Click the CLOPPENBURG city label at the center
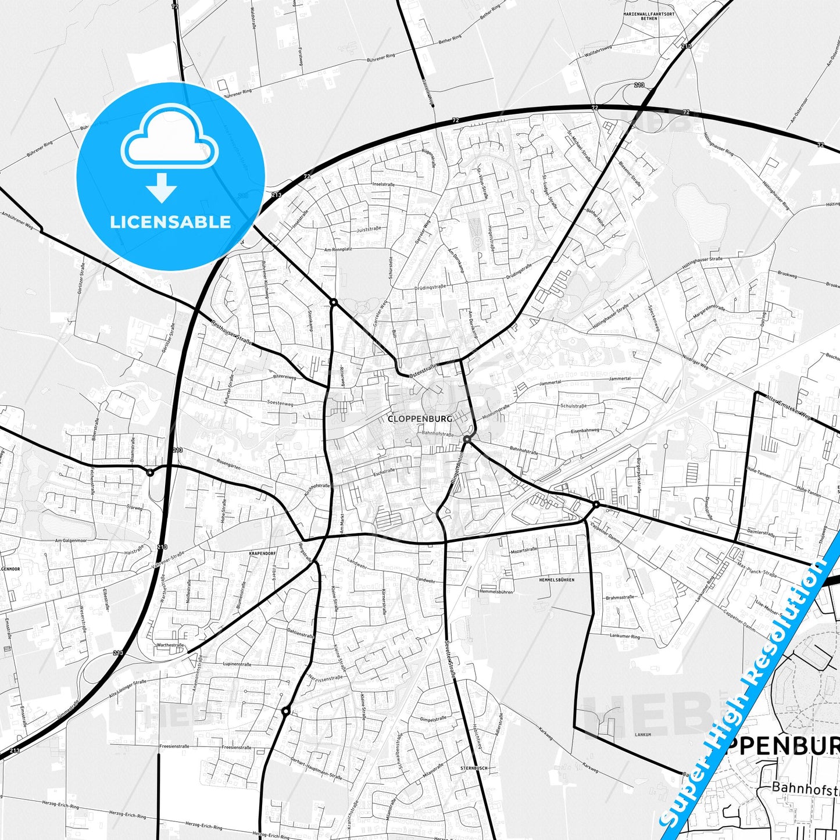[x=420, y=418]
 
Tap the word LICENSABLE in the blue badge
[x=170, y=222]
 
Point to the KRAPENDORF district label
[x=262, y=553]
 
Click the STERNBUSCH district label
[x=474, y=768]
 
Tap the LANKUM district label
[x=642, y=735]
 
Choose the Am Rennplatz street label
[x=338, y=249]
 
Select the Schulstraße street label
[x=573, y=406]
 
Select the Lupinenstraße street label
[x=237, y=664]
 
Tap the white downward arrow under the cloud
[x=162, y=188]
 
